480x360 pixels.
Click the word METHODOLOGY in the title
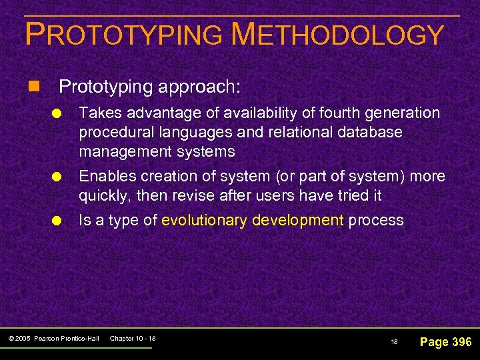[x=337, y=35]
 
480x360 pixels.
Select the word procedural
[x=111, y=132]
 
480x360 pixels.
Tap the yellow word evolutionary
[x=204, y=221]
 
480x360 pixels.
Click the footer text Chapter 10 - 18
[x=132, y=339]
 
